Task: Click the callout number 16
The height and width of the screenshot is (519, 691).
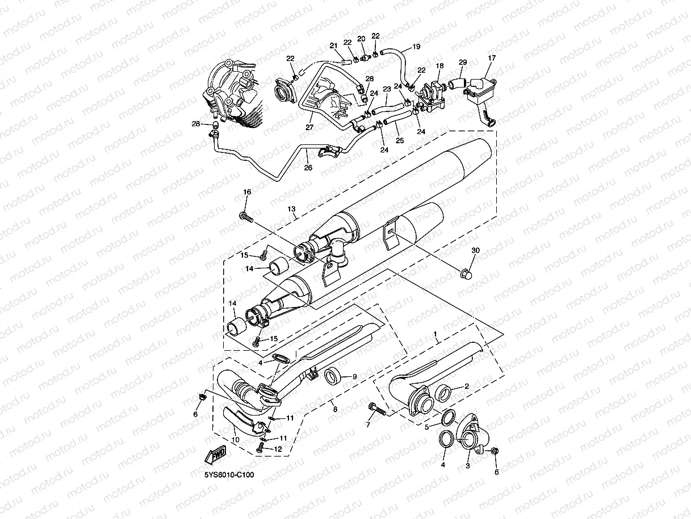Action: (247, 193)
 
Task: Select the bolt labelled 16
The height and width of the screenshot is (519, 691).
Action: (246, 217)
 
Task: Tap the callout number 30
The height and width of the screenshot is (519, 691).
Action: (475, 251)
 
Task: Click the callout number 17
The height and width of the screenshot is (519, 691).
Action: (491, 58)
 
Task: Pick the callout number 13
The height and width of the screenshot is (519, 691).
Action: (291, 209)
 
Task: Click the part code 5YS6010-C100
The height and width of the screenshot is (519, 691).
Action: (229, 474)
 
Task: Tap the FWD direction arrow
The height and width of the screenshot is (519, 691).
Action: (216, 454)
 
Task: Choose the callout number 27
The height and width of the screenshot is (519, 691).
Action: (309, 127)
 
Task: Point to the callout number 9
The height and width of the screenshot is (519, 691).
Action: (354, 376)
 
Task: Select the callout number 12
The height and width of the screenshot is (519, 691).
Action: (278, 449)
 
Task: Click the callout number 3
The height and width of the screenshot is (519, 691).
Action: (467, 466)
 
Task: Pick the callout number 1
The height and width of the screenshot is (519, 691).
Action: (435, 338)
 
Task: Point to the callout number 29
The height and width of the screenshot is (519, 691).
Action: (463, 62)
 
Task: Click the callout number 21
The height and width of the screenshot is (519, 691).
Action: (333, 46)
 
